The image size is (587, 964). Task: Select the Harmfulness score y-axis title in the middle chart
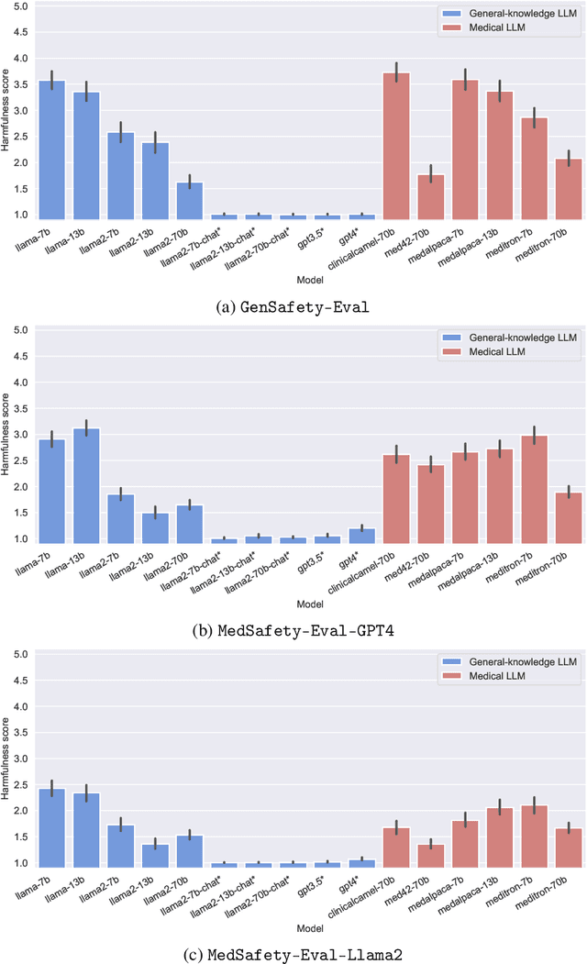pyautogui.click(x=6, y=436)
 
